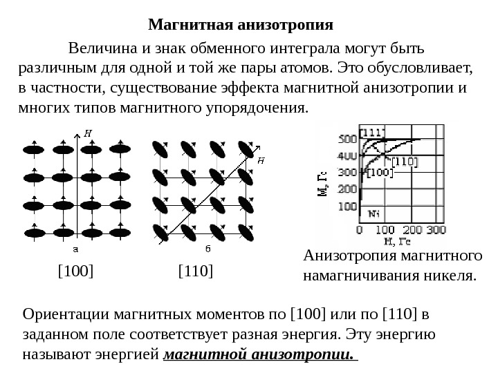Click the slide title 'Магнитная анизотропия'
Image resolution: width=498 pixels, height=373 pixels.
pos(241,26)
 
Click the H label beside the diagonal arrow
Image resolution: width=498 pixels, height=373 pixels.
pos(261,160)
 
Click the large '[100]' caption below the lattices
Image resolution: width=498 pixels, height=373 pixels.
pos(75,271)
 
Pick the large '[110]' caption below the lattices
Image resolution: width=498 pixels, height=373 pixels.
pos(196,271)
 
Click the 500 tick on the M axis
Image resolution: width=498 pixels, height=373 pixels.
pos(347,139)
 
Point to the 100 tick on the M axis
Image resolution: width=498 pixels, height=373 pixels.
pos(347,206)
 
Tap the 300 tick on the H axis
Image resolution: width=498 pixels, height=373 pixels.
pos(435,229)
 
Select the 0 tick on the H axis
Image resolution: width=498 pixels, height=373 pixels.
pos(359,229)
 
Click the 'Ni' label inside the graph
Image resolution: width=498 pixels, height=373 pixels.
pos(374,213)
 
